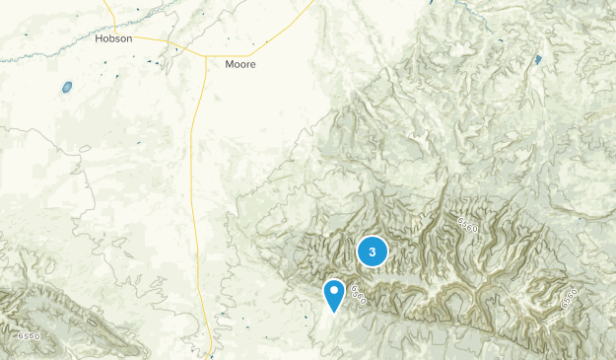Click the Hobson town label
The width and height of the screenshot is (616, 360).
pyautogui.click(x=113, y=38)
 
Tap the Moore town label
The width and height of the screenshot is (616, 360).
pyautogui.click(x=240, y=64)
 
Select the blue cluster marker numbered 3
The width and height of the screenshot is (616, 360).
pyautogui.click(x=373, y=252)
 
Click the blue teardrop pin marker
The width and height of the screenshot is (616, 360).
pyautogui.click(x=335, y=295)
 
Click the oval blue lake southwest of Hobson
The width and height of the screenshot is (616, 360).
pyautogui.click(x=67, y=87)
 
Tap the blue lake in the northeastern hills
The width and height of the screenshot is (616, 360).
pyautogui.click(x=538, y=60)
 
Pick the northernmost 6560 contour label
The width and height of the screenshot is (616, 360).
pyautogui.click(x=467, y=226)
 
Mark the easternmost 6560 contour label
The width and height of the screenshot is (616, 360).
pyautogui.click(x=570, y=295)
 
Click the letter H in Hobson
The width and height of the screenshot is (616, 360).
pyautogui.click(x=100, y=38)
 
